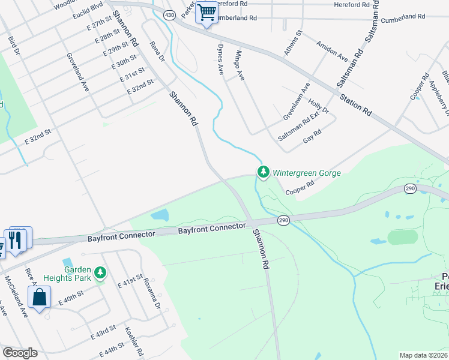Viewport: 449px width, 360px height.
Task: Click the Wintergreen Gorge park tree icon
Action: point(263,172)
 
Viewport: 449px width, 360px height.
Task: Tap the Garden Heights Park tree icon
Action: point(101,274)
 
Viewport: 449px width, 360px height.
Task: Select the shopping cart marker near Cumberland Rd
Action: point(206,11)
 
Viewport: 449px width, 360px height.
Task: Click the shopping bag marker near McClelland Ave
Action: point(39,297)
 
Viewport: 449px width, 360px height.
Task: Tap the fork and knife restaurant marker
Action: point(15,240)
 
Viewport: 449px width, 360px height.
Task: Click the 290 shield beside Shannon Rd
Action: point(283,221)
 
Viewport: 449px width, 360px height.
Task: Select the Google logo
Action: point(20,353)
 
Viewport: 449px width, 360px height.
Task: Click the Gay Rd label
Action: point(313,135)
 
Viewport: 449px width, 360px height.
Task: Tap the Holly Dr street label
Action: point(319,107)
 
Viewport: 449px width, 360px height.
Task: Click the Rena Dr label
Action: point(157,52)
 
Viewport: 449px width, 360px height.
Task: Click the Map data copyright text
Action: point(423,355)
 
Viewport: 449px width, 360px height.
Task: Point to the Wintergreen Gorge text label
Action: point(307,173)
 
